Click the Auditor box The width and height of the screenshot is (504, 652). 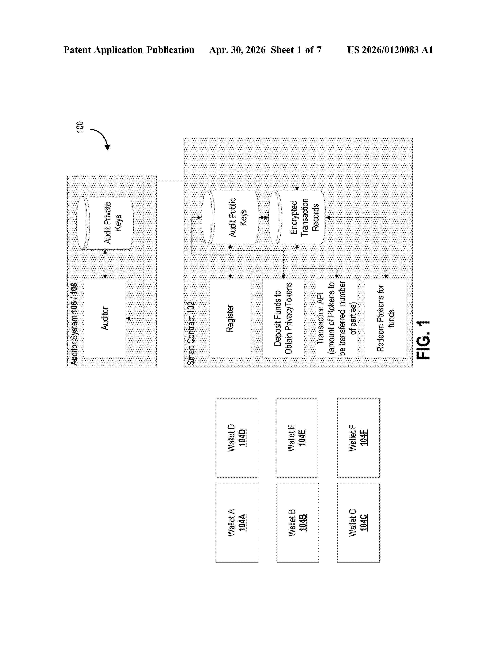[105, 318]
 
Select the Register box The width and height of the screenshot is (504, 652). [230, 318]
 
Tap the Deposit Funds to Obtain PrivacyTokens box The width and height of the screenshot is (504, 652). [283, 318]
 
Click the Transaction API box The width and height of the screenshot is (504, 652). [337, 318]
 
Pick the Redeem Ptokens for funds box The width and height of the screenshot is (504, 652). [386, 318]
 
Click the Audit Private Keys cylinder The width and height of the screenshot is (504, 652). [105, 223]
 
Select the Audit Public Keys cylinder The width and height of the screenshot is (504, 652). [230, 217]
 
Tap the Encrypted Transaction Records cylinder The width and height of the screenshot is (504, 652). [297, 217]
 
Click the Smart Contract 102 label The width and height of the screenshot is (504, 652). [191, 333]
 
